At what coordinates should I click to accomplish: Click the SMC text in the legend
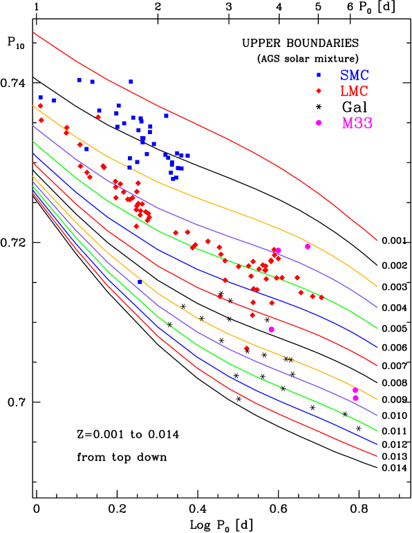[354, 75]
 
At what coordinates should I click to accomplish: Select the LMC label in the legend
[354, 91]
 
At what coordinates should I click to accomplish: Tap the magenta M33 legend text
[357, 123]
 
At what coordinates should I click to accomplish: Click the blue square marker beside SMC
[319, 75]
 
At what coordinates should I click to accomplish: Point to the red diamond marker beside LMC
[319, 91]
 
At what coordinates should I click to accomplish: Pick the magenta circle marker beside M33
[319, 123]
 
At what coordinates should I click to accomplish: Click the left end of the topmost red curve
[33, 32]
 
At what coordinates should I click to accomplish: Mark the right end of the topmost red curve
[377, 240]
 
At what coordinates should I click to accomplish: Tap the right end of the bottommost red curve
[377, 456]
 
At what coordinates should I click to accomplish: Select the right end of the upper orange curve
[377, 286]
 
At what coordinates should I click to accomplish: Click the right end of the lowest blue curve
[377, 443]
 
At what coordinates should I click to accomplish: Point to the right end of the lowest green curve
[377, 431]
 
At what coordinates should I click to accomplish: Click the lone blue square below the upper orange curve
[140, 282]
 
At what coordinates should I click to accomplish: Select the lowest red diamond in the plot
[246, 348]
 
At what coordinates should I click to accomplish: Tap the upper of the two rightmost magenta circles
[355, 391]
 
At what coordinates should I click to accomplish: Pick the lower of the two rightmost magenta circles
[355, 398]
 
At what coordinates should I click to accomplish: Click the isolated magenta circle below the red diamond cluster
[272, 330]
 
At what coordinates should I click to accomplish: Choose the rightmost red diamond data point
[321, 298]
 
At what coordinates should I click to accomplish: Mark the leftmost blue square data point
[40, 97]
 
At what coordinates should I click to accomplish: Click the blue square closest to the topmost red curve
[131, 82]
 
